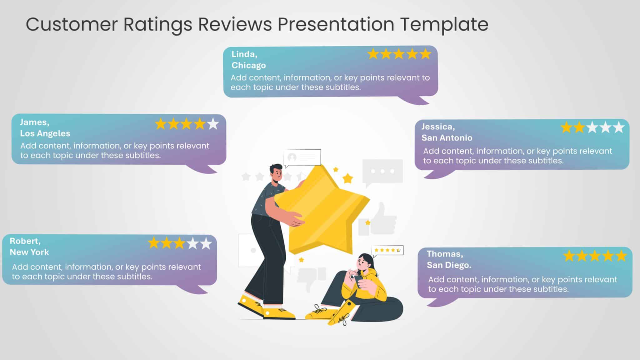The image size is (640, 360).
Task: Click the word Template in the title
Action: coord(444,24)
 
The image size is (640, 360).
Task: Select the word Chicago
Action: coord(248,65)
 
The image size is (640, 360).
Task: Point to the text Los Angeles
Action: coord(45,133)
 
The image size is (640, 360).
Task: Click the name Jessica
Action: coord(438,127)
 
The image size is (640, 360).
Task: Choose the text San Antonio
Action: coord(447,138)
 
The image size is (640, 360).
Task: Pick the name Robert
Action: coord(25,241)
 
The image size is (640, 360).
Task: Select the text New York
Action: coord(29,252)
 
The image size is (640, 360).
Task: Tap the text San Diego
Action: coord(449,265)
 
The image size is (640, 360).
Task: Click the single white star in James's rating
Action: coord(213,124)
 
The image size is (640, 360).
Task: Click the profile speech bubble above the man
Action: coord(302,157)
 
